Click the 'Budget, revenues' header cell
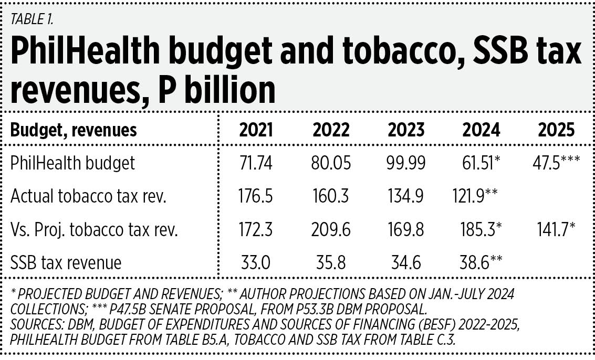[74, 130]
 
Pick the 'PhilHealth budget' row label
[72, 163]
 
